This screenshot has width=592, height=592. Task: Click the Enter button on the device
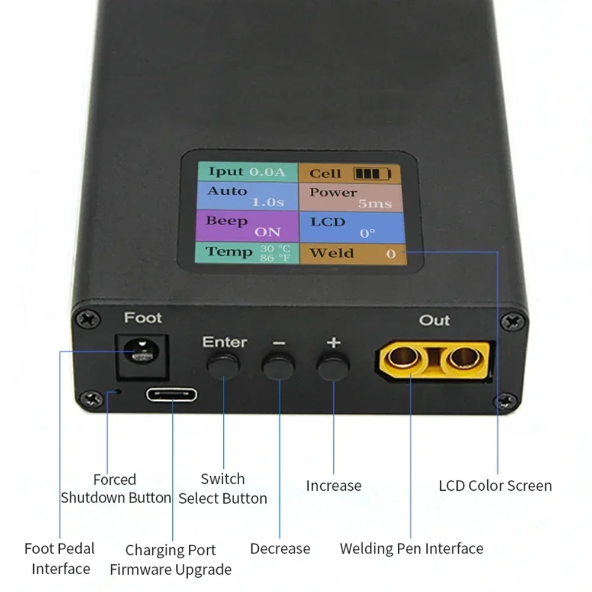(x=223, y=366)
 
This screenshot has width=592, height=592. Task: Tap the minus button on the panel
(x=278, y=367)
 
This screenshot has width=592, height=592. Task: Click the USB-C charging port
(x=172, y=395)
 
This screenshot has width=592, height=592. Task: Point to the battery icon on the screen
(x=372, y=173)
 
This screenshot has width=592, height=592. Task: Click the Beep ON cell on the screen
(x=246, y=226)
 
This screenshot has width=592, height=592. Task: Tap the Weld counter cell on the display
(x=353, y=253)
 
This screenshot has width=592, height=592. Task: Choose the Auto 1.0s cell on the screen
(x=246, y=197)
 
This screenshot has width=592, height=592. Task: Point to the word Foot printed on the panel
(x=143, y=318)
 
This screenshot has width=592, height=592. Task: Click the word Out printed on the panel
(x=435, y=320)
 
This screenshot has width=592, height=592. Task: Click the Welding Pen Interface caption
(x=411, y=548)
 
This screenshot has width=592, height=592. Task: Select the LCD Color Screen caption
(x=495, y=486)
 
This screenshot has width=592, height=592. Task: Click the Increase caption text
(x=333, y=486)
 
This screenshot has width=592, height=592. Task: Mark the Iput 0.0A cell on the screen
(x=246, y=172)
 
